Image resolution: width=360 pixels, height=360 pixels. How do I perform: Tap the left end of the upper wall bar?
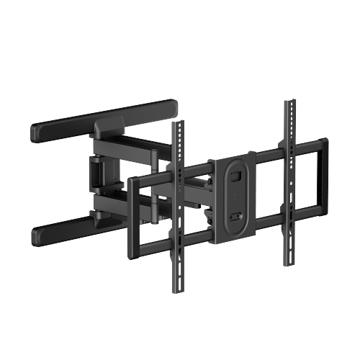coord(35,134)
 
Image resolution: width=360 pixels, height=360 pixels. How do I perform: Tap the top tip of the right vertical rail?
coord(291,102)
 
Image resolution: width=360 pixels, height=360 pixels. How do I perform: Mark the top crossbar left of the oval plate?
coord(194,171)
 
